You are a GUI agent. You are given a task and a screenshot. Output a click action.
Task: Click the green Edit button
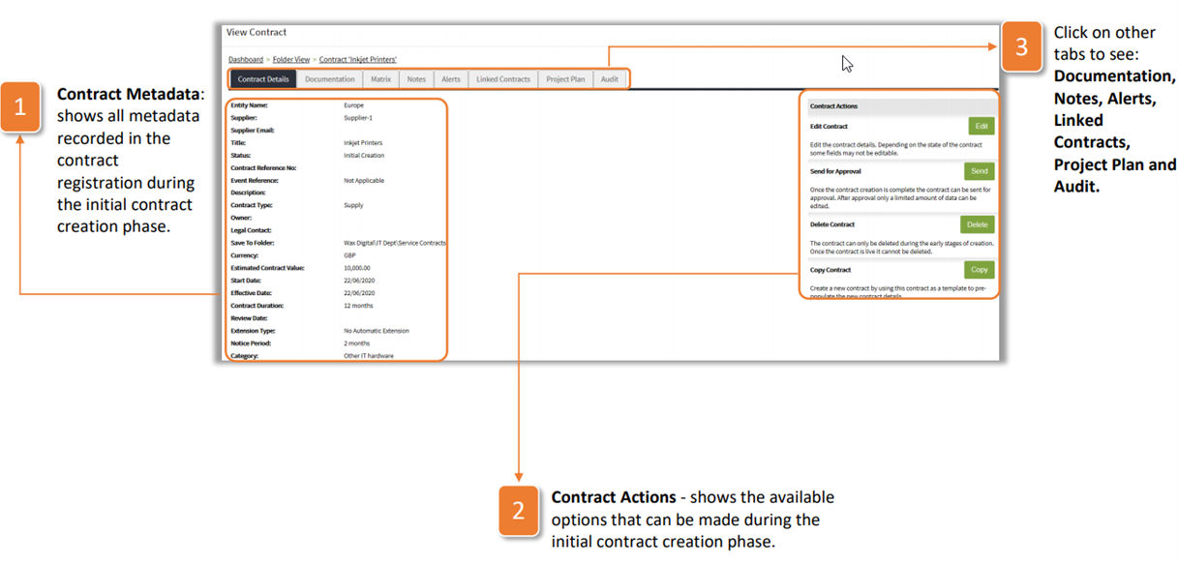[981, 126]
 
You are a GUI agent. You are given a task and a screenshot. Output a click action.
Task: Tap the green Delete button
[978, 224]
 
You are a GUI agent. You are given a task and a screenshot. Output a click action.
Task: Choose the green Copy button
[979, 270]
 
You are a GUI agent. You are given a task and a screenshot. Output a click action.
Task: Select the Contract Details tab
[263, 79]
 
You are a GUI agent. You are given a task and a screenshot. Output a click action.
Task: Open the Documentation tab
[330, 79]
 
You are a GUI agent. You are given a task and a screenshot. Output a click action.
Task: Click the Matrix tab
[381, 79]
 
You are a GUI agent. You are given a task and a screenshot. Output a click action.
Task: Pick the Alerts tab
[451, 79]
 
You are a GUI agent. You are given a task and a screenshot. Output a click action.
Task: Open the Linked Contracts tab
[503, 79]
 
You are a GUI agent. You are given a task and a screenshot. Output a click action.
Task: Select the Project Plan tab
[565, 79]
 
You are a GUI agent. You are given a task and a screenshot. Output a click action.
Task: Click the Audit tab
[610, 79]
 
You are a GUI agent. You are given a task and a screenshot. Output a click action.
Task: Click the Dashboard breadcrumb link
[246, 60]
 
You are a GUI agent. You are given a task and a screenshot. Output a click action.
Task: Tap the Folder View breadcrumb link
[291, 60]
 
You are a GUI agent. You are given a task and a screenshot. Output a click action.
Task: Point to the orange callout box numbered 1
[20, 105]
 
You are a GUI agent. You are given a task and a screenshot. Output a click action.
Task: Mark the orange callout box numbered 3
[1021, 45]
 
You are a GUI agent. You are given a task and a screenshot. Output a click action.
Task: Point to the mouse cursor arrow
[847, 63]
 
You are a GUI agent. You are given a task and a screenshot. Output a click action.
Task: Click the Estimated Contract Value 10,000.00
[357, 268]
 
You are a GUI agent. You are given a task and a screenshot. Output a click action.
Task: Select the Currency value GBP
[350, 255]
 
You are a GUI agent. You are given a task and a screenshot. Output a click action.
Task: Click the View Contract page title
[257, 33]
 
